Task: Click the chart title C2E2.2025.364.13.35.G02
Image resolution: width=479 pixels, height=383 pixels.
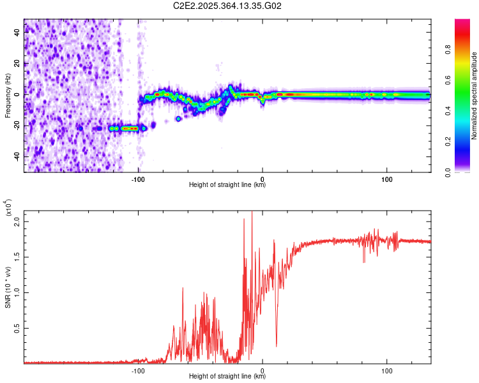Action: pyautogui.click(x=227, y=6)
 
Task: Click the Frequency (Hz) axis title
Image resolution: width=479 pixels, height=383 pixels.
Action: pyautogui.click(x=8, y=96)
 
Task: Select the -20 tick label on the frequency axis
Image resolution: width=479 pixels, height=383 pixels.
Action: pyautogui.click(x=17, y=126)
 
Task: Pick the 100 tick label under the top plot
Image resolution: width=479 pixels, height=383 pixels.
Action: pyautogui.click(x=386, y=179)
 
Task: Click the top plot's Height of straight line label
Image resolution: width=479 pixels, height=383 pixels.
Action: pyautogui.click(x=227, y=185)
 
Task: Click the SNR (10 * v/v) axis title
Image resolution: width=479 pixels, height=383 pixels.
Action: pyautogui.click(x=8, y=287)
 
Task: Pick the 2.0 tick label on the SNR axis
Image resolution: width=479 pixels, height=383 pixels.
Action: pyautogui.click(x=17, y=221)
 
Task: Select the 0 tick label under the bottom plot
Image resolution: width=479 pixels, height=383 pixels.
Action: pyautogui.click(x=262, y=370)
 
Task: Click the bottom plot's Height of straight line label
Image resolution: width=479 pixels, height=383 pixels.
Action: pyautogui.click(x=227, y=377)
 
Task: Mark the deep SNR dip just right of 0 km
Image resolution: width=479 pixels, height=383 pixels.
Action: pyautogui.click(x=277, y=345)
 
